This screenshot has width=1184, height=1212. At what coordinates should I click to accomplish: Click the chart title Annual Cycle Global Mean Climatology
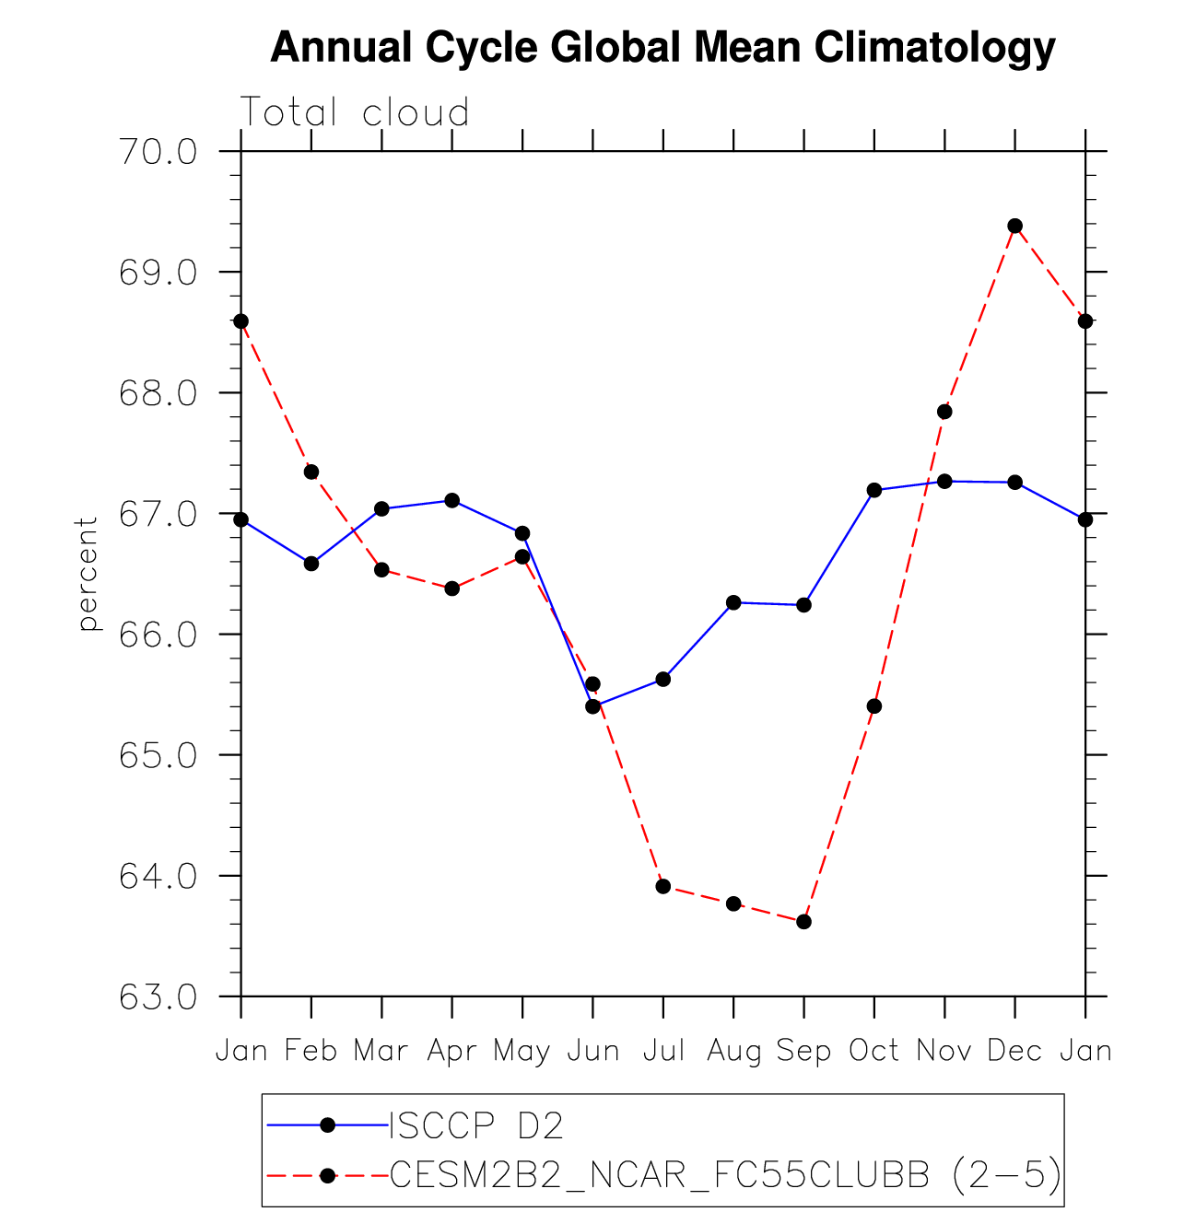[x=662, y=47]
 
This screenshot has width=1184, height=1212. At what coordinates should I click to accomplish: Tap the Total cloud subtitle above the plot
[x=355, y=112]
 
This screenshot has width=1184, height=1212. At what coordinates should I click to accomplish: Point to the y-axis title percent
[x=88, y=574]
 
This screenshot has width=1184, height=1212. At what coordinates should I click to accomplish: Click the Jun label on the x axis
[x=592, y=1051]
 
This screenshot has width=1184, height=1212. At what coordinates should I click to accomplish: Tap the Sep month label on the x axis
[x=803, y=1051]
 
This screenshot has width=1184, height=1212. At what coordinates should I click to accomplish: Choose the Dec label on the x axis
[x=1014, y=1051]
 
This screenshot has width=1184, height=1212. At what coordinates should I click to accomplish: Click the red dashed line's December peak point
[x=1015, y=226]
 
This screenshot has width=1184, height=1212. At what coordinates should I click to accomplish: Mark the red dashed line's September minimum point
[x=803, y=922]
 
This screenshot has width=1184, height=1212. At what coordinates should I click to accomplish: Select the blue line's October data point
[x=874, y=490]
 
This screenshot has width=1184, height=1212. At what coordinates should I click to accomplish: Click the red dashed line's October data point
[x=874, y=706]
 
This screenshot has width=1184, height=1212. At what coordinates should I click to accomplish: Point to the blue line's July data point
[x=663, y=680]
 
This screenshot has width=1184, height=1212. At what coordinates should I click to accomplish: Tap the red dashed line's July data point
[x=663, y=886]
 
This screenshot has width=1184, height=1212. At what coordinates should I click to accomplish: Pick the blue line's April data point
[x=452, y=500]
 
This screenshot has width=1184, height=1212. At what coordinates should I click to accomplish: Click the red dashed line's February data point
[x=311, y=472]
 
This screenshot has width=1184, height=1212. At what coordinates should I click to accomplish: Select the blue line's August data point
[x=733, y=602]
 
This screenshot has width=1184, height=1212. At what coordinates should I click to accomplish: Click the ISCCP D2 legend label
[x=476, y=1125]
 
